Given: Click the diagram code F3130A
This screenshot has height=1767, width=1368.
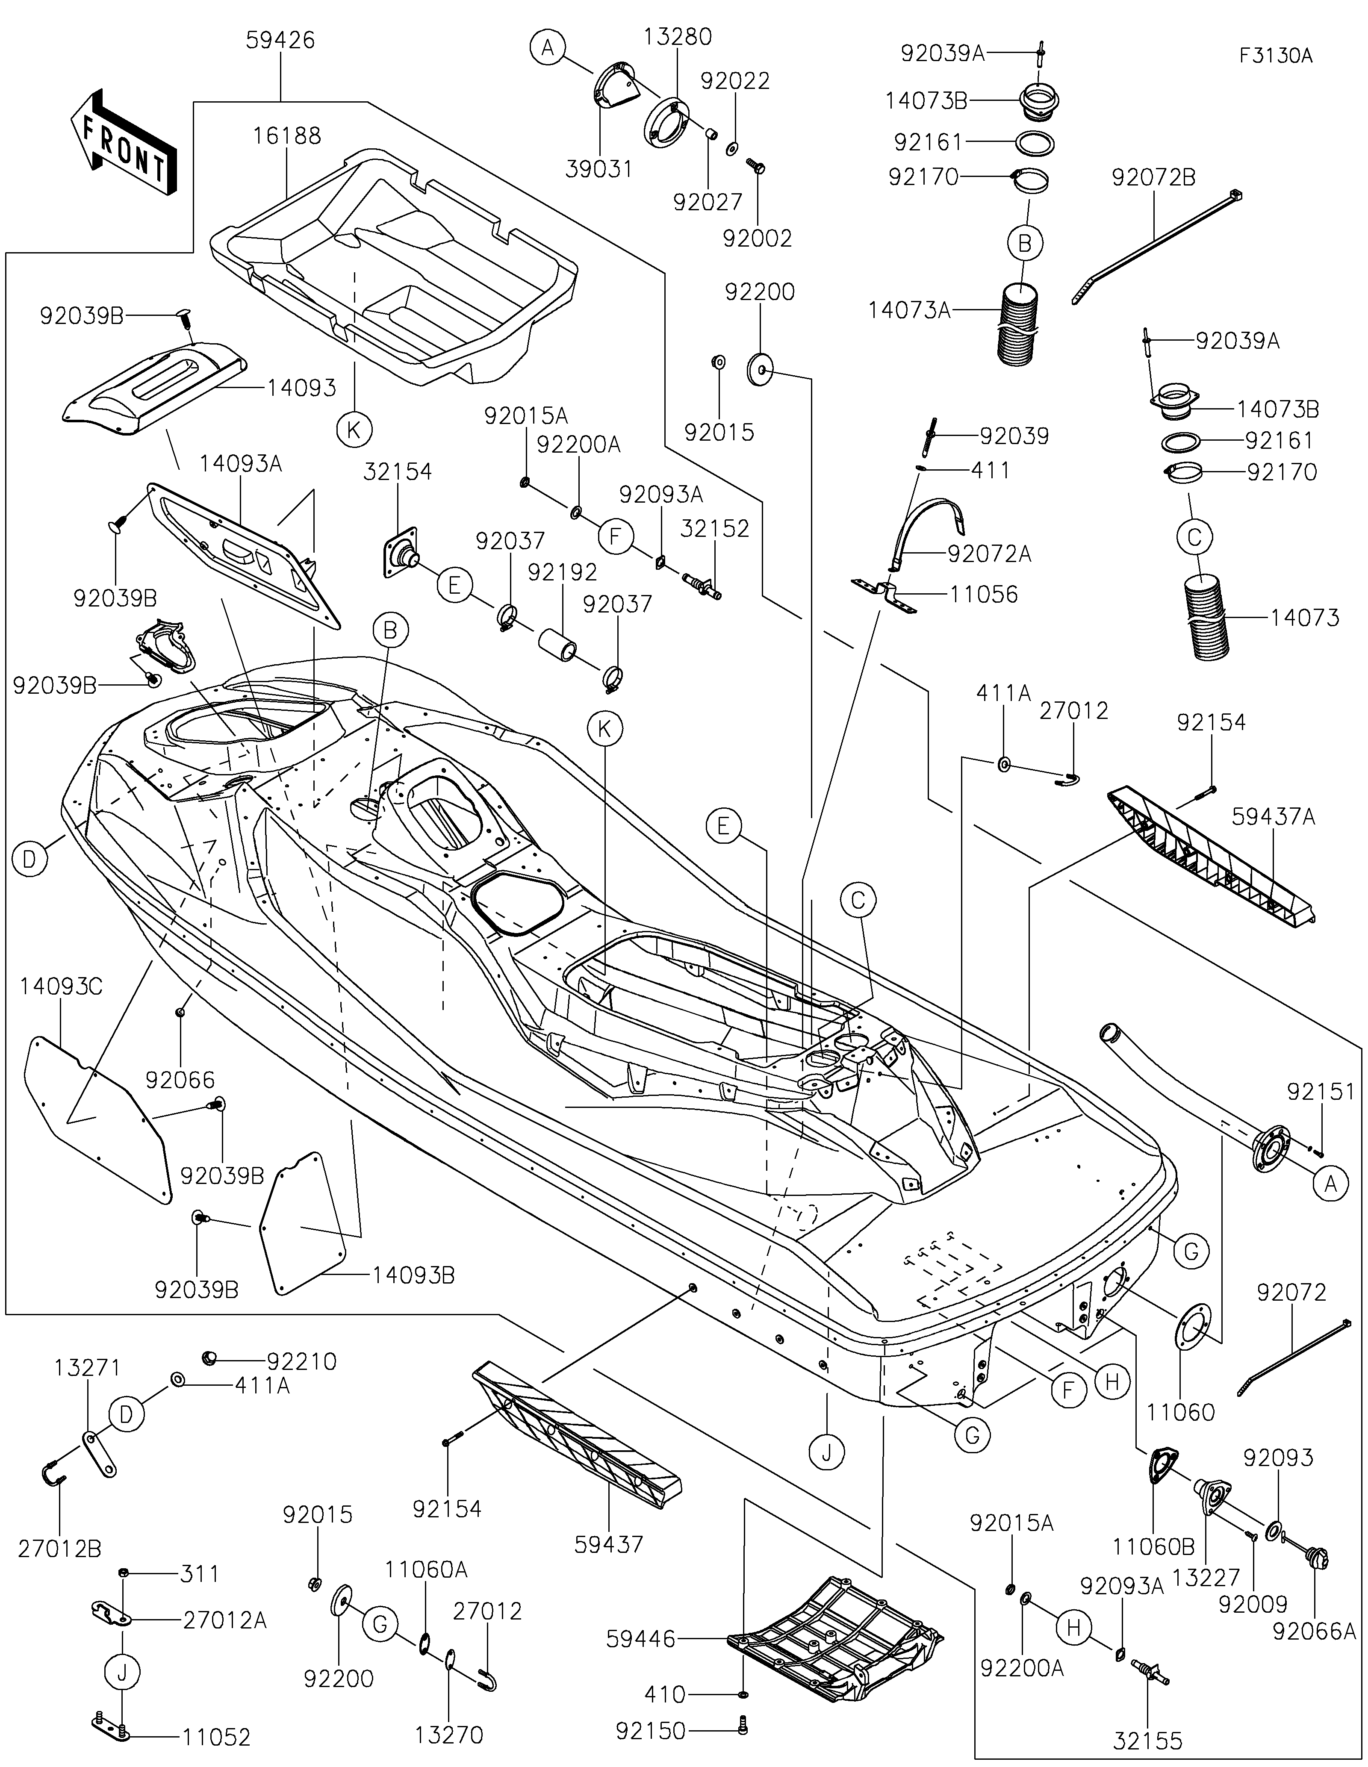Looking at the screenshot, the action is pyautogui.click(x=1276, y=56).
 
